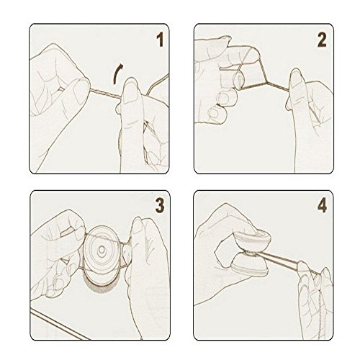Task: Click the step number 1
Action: (160, 40)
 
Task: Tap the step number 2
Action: (322, 40)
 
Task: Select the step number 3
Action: (160, 205)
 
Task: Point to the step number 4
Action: (322, 205)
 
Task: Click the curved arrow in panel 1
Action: (116, 73)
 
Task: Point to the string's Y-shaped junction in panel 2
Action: (267, 82)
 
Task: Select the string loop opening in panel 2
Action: (239, 78)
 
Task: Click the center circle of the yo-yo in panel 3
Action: (102, 250)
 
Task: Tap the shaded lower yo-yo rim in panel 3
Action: (101, 285)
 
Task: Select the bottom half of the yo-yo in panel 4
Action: (251, 265)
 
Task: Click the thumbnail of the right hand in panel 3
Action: (138, 225)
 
